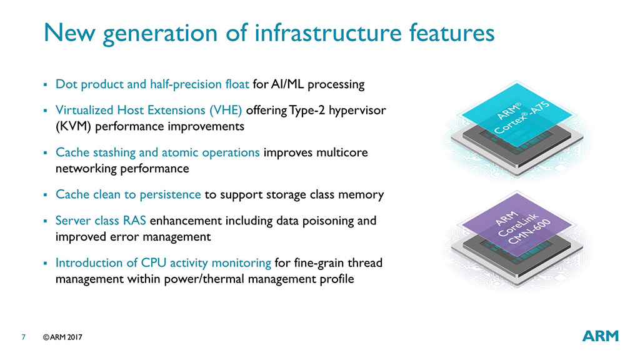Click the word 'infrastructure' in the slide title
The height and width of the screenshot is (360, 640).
(328, 32)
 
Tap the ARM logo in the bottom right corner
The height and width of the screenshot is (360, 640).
(601, 336)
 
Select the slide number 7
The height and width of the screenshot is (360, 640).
(23, 337)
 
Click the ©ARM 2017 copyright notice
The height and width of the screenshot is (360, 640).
(62, 337)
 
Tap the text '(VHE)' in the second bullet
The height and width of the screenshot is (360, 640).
(226, 110)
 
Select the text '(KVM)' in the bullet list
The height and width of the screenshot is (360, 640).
(73, 126)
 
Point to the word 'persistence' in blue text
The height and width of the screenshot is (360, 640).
(170, 195)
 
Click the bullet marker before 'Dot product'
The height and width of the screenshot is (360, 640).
(45, 85)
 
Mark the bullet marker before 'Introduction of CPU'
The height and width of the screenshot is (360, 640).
(45, 263)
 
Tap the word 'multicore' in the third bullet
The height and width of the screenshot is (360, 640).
(342, 152)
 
